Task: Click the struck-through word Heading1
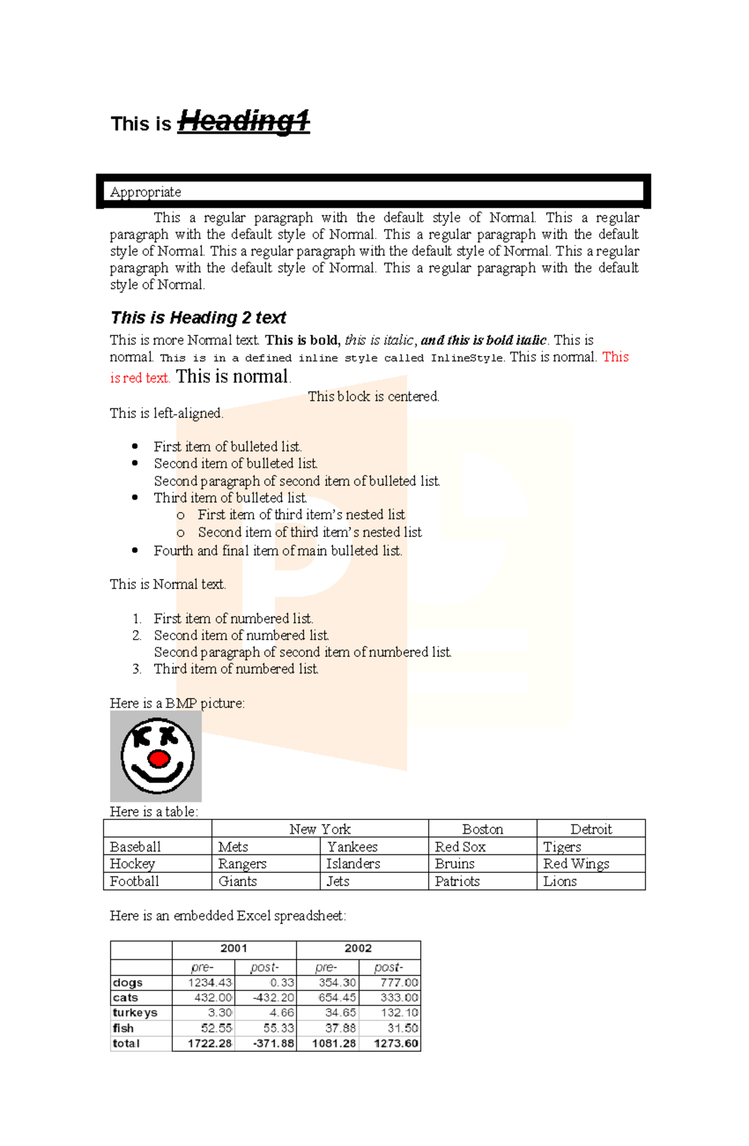pos(243,121)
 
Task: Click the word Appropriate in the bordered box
pos(145,192)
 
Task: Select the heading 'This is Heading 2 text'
pos(198,318)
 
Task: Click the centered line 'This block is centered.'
pos(373,397)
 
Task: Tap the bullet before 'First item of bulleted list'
pos(135,446)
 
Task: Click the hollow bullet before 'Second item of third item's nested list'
pos(180,533)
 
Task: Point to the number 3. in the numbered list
pos(137,669)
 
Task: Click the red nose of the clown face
pos(159,759)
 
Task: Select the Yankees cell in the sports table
pos(352,847)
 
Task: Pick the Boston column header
pos(482,829)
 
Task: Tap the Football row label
pos(134,881)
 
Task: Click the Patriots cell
pos(457,881)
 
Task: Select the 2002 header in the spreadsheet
pos(358,948)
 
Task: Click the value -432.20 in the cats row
pos(273,998)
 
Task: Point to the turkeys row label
pos(135,1012)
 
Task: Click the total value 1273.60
pos(396,1044)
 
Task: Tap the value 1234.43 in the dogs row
pos(210,983)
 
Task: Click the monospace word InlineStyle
pos(467,358)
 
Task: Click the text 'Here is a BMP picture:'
pos(177,703)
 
